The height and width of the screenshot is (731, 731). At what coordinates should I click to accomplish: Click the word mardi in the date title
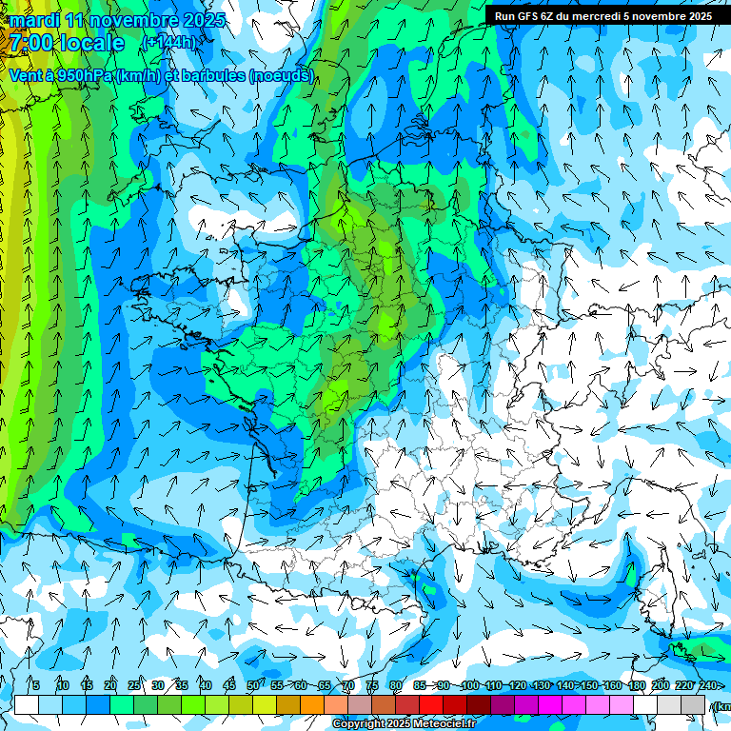click(x=35, y=20)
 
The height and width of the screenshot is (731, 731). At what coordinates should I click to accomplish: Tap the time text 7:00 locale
click(x=68, y=43)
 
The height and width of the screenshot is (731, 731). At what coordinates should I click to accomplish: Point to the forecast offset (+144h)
click(x=168, y=43)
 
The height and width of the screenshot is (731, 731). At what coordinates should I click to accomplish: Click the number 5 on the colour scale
click(x=35, y=685)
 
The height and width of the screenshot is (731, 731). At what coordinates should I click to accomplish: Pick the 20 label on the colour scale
click(x=110, y=685)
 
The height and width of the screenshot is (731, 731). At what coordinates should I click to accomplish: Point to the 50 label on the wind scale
click(x=253, y=685)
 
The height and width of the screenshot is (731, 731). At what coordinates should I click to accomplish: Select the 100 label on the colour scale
click(x=470, y=685)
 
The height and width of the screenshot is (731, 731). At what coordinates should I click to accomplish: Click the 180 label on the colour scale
click(x=636, y=685)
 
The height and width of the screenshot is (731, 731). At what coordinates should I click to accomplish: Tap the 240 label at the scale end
click(x=707, y=685)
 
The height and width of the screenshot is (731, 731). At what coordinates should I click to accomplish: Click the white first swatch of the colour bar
click(x=26, y=704)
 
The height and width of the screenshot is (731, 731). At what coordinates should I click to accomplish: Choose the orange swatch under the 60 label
click(x=312, y=704)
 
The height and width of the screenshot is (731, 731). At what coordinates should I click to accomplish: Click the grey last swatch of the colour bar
click(x=693, y=704)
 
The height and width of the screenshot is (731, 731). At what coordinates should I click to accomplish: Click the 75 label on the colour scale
click(x=372, y=685)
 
